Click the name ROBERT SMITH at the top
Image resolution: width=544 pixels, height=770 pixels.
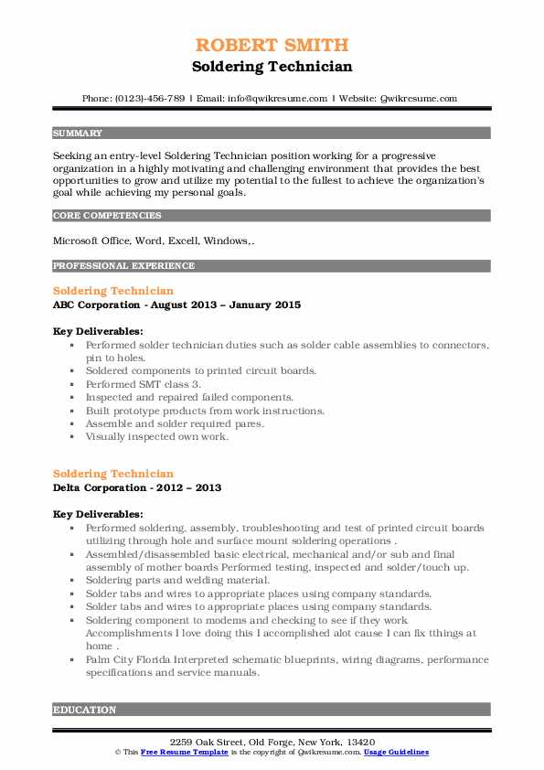tap(272, 45)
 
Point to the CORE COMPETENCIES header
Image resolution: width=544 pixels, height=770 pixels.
tap(107, 217)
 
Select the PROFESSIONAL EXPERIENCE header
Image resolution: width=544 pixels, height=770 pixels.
tap(123, 266)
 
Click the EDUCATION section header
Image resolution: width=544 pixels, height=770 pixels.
tap(84, 710)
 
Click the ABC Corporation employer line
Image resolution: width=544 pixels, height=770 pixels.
tap(176, 305)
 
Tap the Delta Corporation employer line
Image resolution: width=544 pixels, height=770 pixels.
tap(137, 487)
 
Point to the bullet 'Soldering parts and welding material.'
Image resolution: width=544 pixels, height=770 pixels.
tap(177, 581)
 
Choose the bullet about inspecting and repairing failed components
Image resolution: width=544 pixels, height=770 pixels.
tap(189, 398)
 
